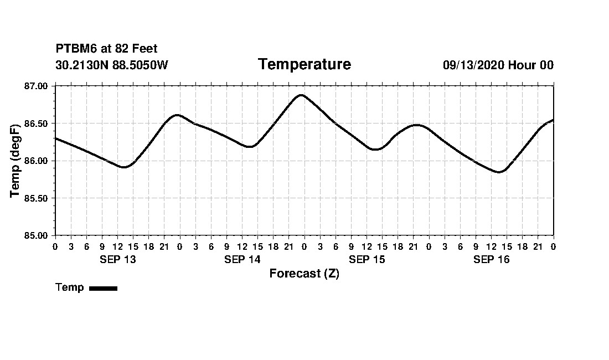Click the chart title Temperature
point(304,65)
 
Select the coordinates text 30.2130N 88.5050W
point(112,65)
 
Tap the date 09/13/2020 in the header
point(473,65)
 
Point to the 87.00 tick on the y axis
point(37,86)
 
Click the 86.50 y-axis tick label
point(37,124)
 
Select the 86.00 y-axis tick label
point(37,161)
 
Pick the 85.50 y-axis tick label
point(37,198)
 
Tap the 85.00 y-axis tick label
point(37,235)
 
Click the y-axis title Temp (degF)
point(15,161)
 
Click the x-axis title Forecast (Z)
point(304,274)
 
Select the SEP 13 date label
point(117,260)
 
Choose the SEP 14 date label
point(242,260)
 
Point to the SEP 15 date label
point(367,260)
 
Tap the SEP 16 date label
point(491,260)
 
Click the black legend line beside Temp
point(103,288)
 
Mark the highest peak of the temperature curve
point(301,95)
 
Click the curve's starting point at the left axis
point(55,138)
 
